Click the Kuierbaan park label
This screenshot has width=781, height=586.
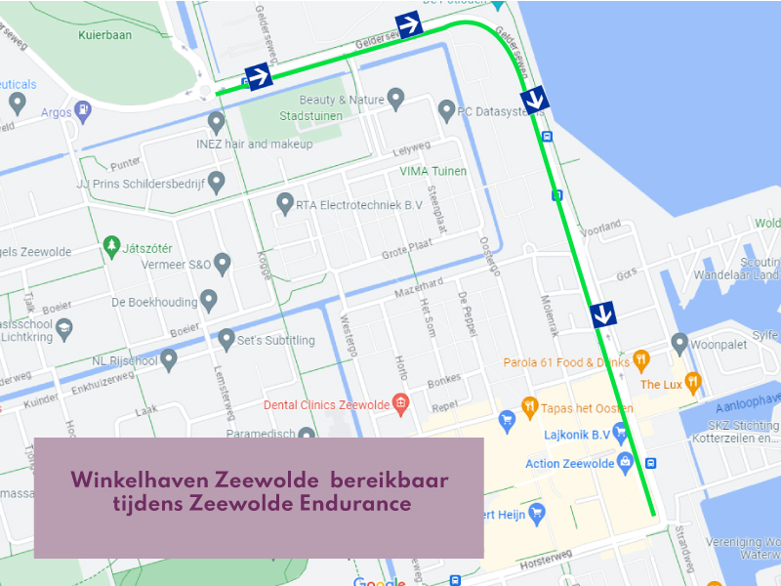[103, 34]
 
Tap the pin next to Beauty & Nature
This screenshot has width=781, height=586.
[395, 98]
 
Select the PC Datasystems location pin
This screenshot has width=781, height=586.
[446, 110]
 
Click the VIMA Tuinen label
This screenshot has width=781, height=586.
[433, 171]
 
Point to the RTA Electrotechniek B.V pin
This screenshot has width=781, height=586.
[285, 203]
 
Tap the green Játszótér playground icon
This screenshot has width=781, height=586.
[111, 244]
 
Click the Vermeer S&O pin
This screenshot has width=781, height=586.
[223, 263]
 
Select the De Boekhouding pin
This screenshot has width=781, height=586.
[208, 300]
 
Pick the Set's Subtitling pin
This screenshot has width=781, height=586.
[226, 339]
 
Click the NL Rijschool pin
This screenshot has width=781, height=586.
[169, 360]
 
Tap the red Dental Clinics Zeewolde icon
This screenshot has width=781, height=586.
[399, 403]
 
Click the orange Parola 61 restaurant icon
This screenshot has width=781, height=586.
[641, 360]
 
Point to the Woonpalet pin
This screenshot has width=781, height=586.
[679, 343]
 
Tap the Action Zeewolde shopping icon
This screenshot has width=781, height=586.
[625, 461]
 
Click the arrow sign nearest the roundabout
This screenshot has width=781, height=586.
[259, 76]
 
